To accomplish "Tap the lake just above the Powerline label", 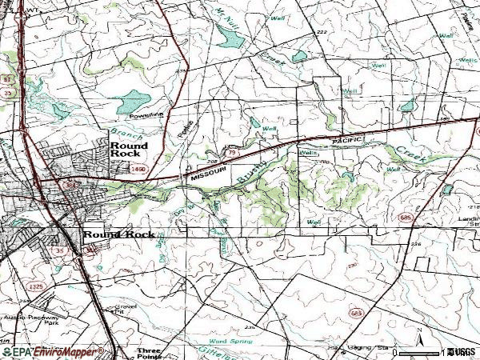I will pyautogui.click(x=132, y=100).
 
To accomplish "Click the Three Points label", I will pyautogui.click(x=149, y=351).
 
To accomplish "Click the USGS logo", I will pyautogui.click(x=462, y=352).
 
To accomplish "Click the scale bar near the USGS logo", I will pyautogui.click(x=422, y=352).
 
